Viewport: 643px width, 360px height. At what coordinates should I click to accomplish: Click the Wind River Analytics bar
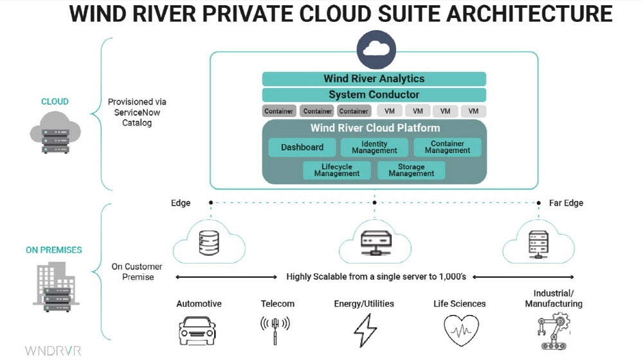(374, 78)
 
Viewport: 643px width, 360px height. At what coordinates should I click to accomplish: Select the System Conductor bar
(374, 94)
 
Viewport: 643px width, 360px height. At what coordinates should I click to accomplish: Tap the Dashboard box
(302, 147)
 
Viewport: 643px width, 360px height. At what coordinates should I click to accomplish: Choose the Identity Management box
(374, 147)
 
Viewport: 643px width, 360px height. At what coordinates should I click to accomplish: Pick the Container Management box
(448, 147)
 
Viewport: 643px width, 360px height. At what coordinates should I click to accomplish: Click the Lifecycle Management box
(337, 170)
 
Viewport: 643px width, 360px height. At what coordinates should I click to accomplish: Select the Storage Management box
(412, 170)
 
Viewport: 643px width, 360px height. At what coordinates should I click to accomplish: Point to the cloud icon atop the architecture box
(374, 49)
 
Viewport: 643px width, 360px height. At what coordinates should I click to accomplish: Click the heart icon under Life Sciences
(460, 330)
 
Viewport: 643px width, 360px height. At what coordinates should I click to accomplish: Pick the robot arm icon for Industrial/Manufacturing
(553, 331)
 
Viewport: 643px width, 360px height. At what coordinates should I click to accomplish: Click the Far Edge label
(566, 203)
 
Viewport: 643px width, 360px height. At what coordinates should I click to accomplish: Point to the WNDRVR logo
(53, 350)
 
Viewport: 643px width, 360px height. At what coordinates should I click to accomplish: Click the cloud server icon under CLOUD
(55, 133)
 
